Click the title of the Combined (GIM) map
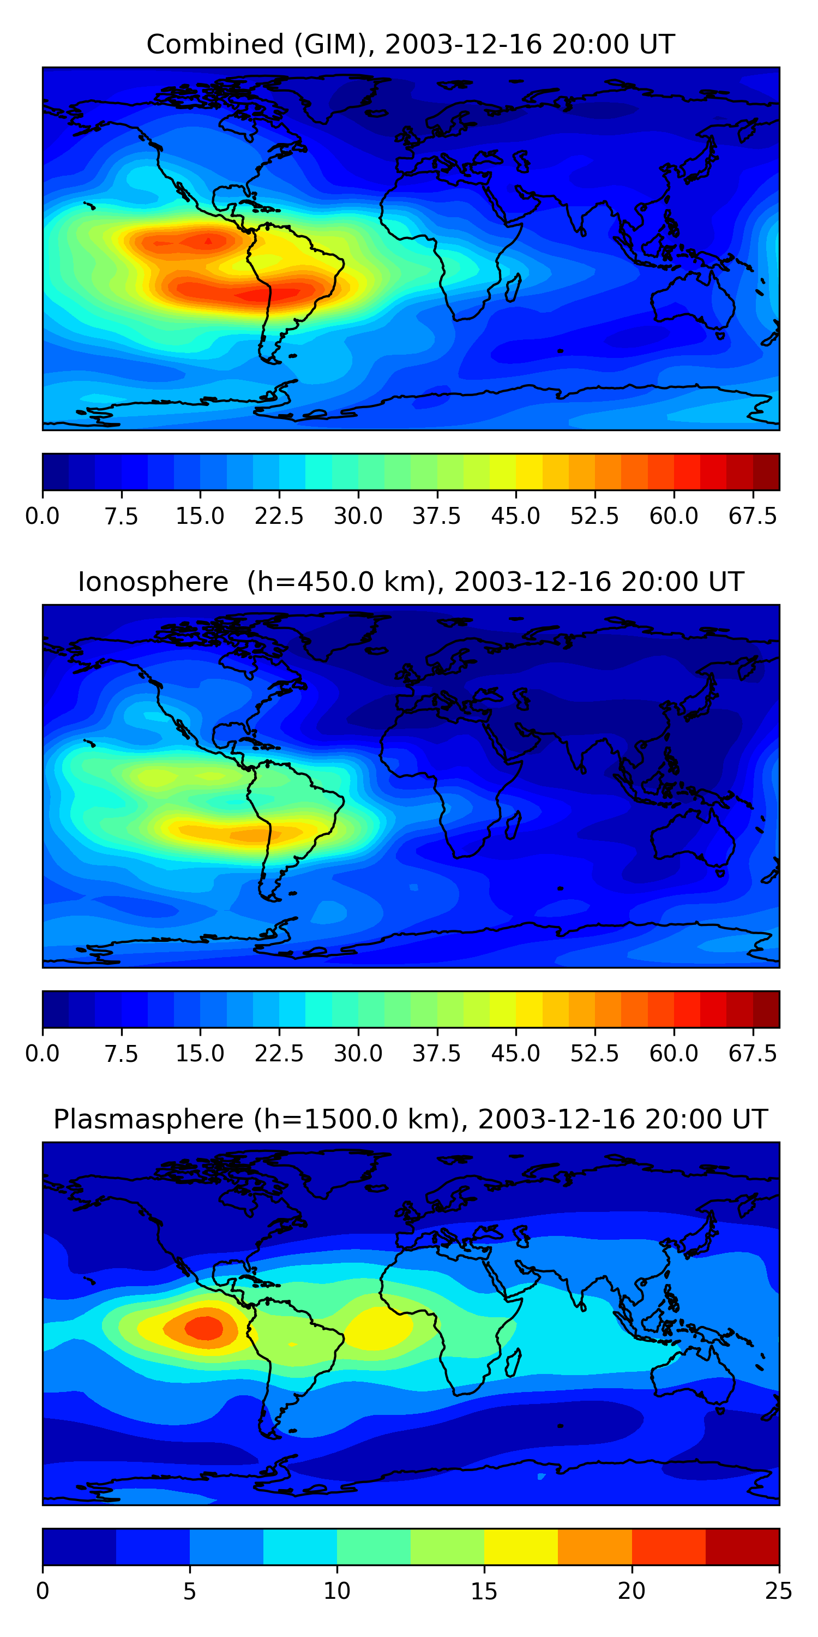(410, 45)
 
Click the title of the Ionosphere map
(410, 582)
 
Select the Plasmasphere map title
(410, 1120)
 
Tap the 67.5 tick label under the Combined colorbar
(753, 516)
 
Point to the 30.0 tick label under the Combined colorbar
(358, 516)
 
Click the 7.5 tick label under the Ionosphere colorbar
(121, 1054)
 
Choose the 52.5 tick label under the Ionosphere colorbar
(594, 1054)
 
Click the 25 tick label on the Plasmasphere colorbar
(779, 1591)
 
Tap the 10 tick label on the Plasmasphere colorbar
(336, 1591)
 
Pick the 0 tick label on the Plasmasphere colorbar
(43, 1591)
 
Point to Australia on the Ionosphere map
(692, 839)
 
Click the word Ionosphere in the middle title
(153, 582)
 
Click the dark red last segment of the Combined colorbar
(766, 471)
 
